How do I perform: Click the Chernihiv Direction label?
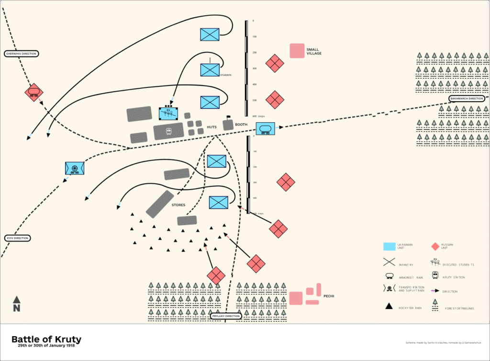click(21, 54)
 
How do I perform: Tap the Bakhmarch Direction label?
click(467, 99)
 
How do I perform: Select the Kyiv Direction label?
click(17, 238)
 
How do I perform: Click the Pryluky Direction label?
click(226, 316)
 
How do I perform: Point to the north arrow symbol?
click(16, 304)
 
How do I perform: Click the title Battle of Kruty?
click(46, 340)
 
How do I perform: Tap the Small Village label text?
click(314, 51)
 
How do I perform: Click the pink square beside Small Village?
click(297, 51)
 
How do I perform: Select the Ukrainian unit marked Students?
click(210, 70)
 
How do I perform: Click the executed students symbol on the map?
click(168, 114)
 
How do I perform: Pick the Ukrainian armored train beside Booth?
click(265, 128)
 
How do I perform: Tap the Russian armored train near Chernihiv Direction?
click(34, 92)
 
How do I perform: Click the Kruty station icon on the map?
click(169, 131)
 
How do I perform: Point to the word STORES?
click(178, 205)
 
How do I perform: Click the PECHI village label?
click(328, 296)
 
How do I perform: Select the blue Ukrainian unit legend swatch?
click(389, 246)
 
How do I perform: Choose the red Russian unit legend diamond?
click(435, 246)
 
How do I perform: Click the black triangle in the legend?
click(389, 307)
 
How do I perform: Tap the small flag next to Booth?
click(228, 117)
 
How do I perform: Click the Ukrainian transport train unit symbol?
click(75, 168)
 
